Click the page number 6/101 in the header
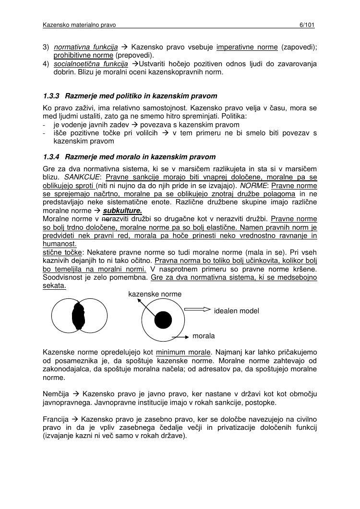click(x=306, y=24)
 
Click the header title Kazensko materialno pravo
click(x=79, y=24)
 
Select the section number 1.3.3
click(x=50, y=96)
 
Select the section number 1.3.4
click(x=50, y=157)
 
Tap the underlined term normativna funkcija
click(x=86, y=47)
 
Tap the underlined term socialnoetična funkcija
click(x=91, y=63)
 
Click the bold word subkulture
click(x=122, y=211)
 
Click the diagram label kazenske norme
click(x=155, y=294)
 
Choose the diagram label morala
click(x=204, y=336)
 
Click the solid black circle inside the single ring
click(x=163, y=320)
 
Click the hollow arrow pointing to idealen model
click(x=197, y=309)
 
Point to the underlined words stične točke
click(x=62, y=252)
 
